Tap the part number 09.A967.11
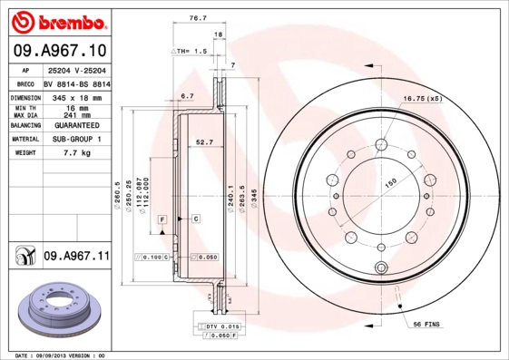[76, 257]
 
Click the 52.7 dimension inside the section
[205, 141]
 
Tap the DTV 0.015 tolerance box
[221, 326]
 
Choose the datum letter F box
[161, 220]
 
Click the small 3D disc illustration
[57, 306]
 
